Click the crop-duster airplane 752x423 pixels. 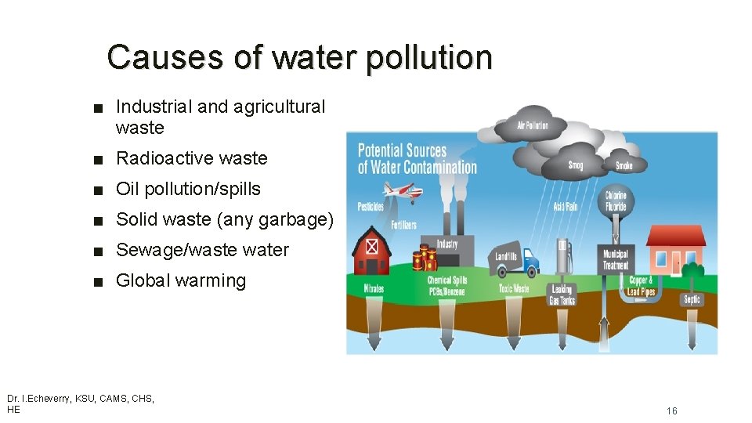coord(402,191)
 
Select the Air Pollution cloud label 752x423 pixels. coord(533,126)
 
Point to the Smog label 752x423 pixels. coord(576,165)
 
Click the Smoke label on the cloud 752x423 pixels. coord(624,165)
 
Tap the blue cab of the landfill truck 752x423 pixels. coord(530,259)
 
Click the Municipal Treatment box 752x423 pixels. coord(615,259)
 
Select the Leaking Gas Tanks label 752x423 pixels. coord(562,294)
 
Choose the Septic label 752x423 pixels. coord(692,299)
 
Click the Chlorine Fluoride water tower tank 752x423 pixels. coord(616,201)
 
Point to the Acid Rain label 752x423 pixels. coord(565,206)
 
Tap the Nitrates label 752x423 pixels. coord(374,288)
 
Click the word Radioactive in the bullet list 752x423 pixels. coord(154,158)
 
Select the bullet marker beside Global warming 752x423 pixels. coord(96,281)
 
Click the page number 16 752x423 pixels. coord(671,410)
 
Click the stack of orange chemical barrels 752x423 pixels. coord(425,257)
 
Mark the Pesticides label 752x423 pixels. coord(371,207)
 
